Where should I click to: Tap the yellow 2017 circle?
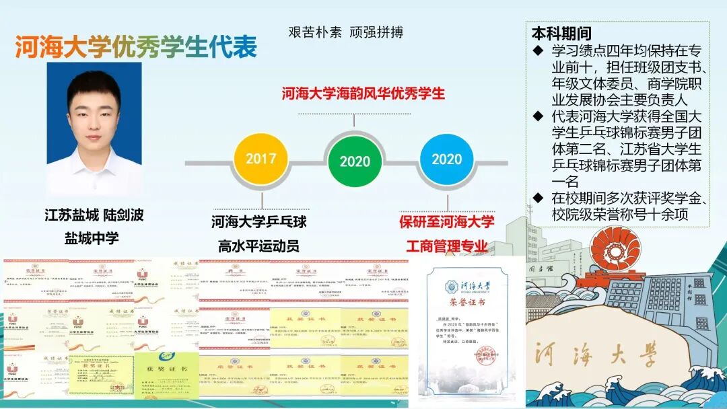click(x=261, y=159)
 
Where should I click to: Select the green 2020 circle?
click(x=355, y=161)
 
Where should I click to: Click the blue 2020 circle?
click(x=446, y=159)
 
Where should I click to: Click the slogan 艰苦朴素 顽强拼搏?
click(x=345, y=32)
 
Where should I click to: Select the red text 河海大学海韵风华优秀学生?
click(x=363, y=94)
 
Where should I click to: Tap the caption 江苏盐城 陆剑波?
click(x=94, y=215)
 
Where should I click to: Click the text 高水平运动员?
click(x=258, y=246)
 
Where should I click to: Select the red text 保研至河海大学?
click(x=446, y=221)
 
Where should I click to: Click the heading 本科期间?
click(x=561, y=33)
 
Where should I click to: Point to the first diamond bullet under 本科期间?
click(x=537, y=50)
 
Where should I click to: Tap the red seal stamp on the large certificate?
click(x=487, y=352)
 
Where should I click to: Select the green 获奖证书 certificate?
click(x=167, y=373)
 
